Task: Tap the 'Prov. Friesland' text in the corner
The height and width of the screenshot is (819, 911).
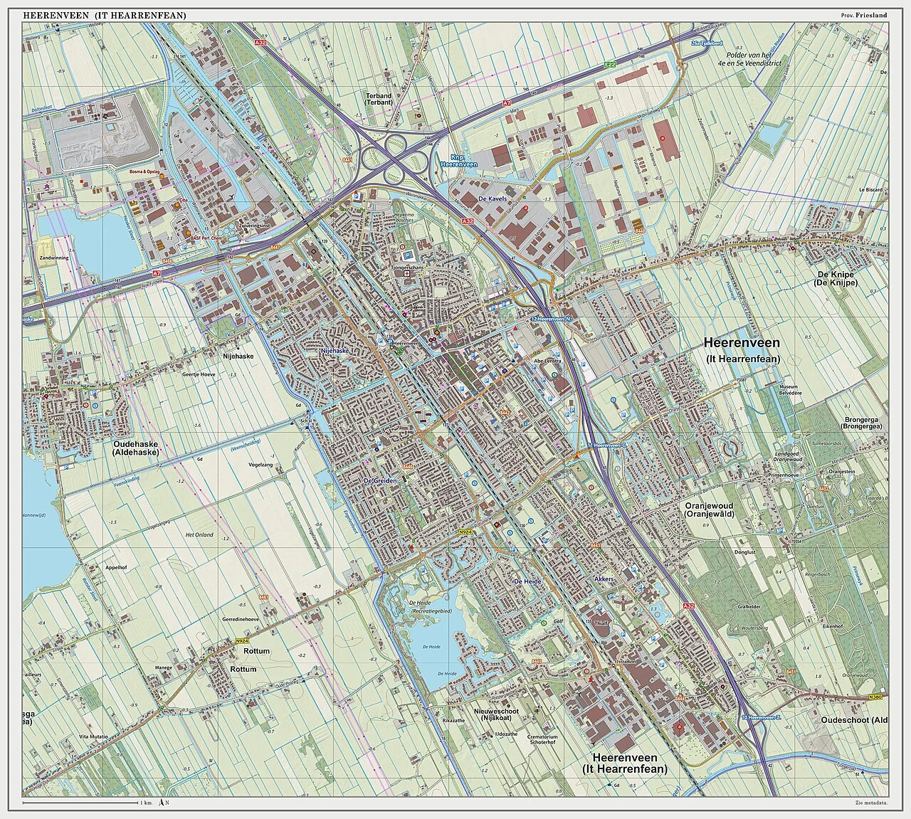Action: tap(864, 16)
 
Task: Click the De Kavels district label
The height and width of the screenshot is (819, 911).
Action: tap(493, 199)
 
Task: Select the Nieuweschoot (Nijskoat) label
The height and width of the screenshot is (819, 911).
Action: tap(496, 715)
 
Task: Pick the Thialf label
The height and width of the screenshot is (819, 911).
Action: tap(602, 623)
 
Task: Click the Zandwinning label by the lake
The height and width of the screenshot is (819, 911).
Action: tap(55, 258)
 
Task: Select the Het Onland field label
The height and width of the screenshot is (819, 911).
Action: tap(199, 534)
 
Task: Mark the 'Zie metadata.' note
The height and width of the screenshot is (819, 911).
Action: tap(872, 803)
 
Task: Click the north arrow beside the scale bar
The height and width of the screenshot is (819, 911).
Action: tap(163, 803)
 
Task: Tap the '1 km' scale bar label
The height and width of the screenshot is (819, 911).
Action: tap(147, 803)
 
